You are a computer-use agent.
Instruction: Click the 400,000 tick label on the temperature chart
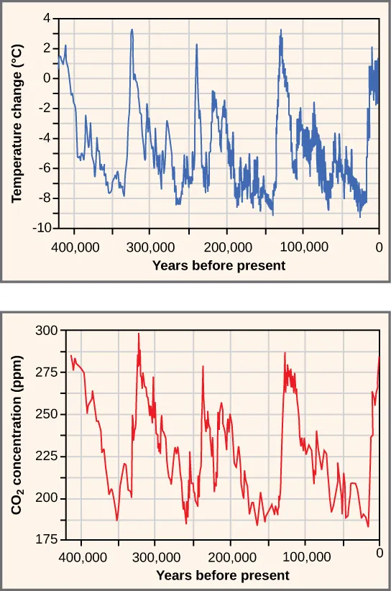point(73,246)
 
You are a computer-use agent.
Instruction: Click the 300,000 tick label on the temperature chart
point(149,246)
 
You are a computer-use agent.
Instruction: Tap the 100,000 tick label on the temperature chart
point(303,246)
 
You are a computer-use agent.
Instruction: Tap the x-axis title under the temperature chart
point(218,265)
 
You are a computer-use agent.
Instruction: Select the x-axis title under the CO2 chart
point(223,575)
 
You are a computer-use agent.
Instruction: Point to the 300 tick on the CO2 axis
point(45,331)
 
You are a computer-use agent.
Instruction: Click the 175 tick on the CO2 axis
point(45,541)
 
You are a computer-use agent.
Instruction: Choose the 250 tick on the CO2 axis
point(45,415)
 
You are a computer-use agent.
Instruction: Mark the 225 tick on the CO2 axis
point(45,457)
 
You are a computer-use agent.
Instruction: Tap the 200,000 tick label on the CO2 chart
point(231,556)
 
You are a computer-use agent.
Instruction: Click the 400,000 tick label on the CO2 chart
point(81,556)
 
